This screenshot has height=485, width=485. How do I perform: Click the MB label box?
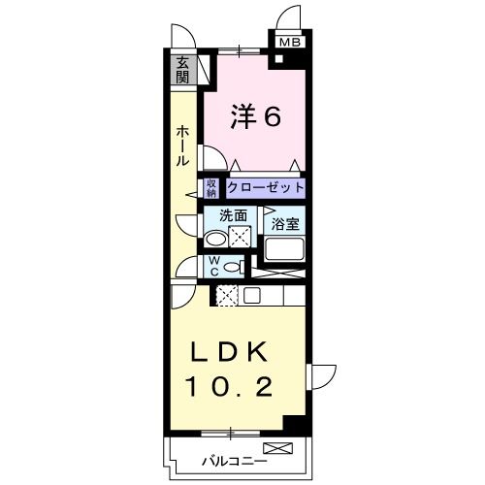click(x=290, y=42)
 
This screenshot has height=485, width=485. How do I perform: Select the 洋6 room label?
click(x=256, y=117)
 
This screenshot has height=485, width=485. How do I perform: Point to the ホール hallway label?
click(x=182, y=145)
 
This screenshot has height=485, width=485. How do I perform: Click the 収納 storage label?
click(x=211, y=186)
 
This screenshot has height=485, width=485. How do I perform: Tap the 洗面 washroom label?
click(x=231, y=216)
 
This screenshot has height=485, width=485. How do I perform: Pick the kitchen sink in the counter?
click(x=252, y=296)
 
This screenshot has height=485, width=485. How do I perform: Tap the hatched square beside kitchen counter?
click(x=228, y=297)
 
